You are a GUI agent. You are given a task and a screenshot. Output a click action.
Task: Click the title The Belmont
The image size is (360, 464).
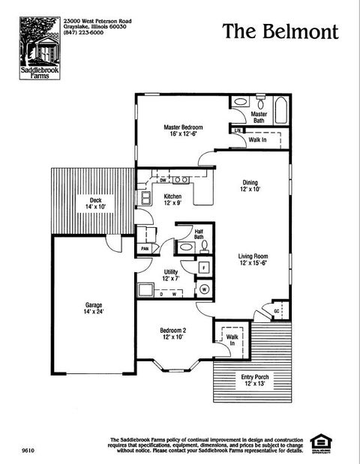click(280, 31)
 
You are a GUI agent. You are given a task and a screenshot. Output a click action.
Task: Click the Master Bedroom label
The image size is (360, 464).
click(181, 131)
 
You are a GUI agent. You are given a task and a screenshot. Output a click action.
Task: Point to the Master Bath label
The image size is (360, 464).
click(259, 118)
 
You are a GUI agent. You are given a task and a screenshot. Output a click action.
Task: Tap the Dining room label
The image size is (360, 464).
click(250, 186)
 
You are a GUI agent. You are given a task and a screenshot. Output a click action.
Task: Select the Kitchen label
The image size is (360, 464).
click(172, 199)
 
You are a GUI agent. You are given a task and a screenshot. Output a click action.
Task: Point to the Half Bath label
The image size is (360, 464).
click(199, 235)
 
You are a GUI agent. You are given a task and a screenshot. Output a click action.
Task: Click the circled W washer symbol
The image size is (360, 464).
click(204, 289)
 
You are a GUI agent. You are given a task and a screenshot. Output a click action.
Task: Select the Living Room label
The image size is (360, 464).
click(253, 259)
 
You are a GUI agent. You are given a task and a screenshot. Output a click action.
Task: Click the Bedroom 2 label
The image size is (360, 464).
click(172, 334)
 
